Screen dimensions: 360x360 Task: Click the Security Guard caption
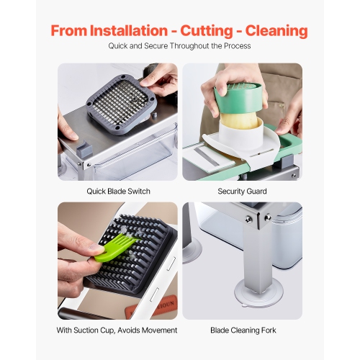coord(242,192)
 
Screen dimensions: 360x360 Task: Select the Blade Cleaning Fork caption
coord(242,330)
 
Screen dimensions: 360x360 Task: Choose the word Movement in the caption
coord(160,330)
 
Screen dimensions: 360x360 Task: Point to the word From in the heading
coord(68,31)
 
